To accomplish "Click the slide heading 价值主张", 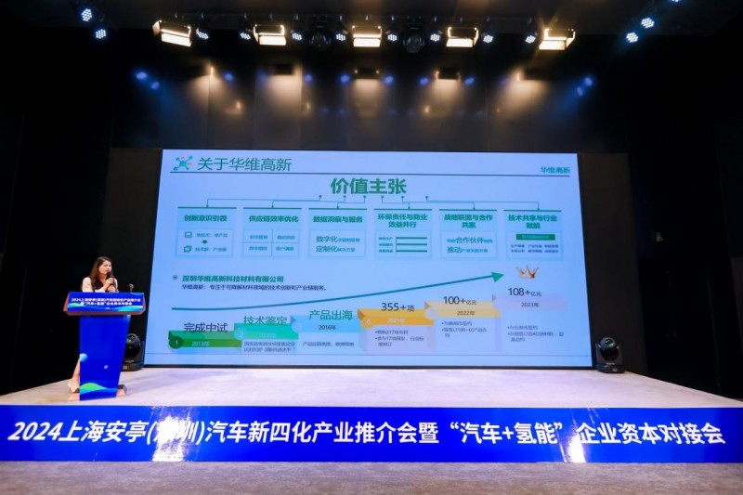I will pos(368,186).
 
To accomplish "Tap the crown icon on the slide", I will pos(528,272).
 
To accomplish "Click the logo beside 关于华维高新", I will pos(182,163).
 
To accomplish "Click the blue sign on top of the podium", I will pos(104,303).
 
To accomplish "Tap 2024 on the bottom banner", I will pos(33,433).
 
